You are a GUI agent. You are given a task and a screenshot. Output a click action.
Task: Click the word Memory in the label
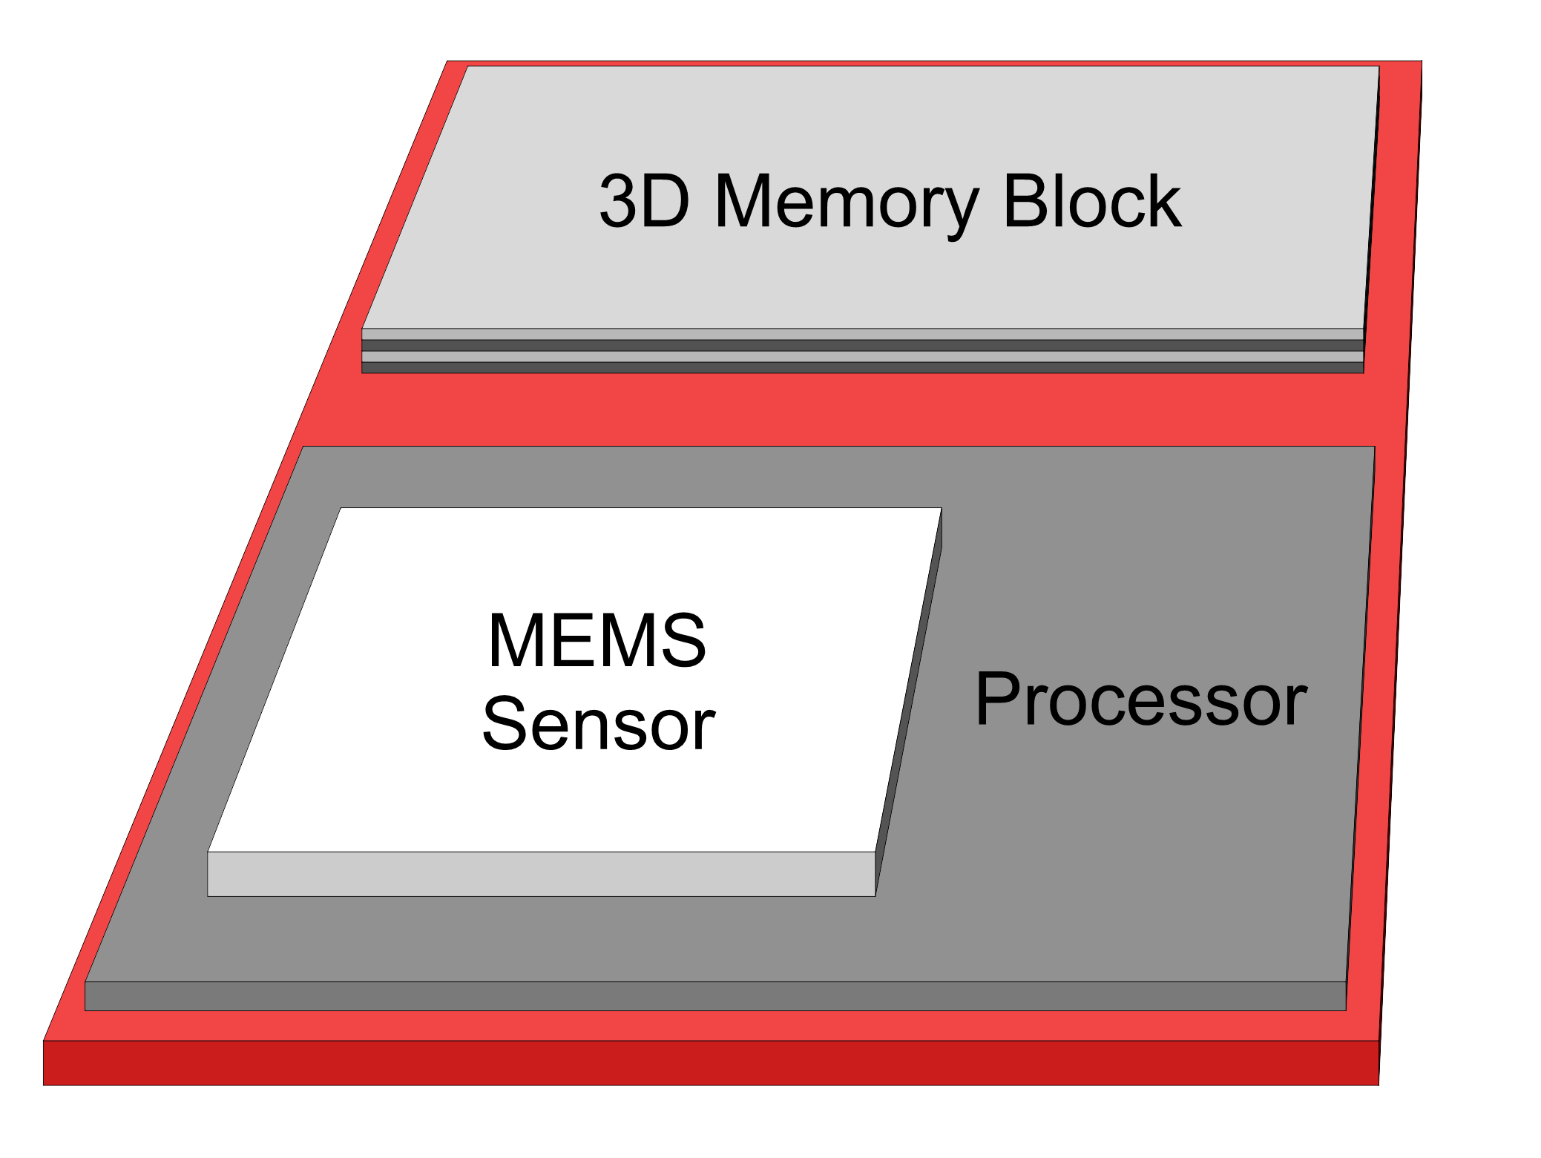point(846,202)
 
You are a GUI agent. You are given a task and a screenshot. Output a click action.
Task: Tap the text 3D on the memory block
point(644,202)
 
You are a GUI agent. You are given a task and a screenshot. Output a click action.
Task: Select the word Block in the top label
point(1091,202)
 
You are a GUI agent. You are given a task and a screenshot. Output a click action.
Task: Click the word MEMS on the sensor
point(597,640)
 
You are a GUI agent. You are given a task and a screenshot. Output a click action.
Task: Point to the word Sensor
point(598,725)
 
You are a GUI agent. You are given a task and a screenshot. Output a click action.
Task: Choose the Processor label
point(1140,699)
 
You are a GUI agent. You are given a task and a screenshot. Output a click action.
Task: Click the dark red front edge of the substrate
point(711,1063)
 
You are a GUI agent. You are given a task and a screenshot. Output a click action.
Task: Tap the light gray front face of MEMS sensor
point(541,874)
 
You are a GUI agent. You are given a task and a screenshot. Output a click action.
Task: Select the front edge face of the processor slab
point(715,996)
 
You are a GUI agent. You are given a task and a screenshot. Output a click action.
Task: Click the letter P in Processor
point(995,699)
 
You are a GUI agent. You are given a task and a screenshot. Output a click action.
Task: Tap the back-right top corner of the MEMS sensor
point(941,509)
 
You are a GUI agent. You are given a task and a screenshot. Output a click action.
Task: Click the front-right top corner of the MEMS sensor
point(875,852)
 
